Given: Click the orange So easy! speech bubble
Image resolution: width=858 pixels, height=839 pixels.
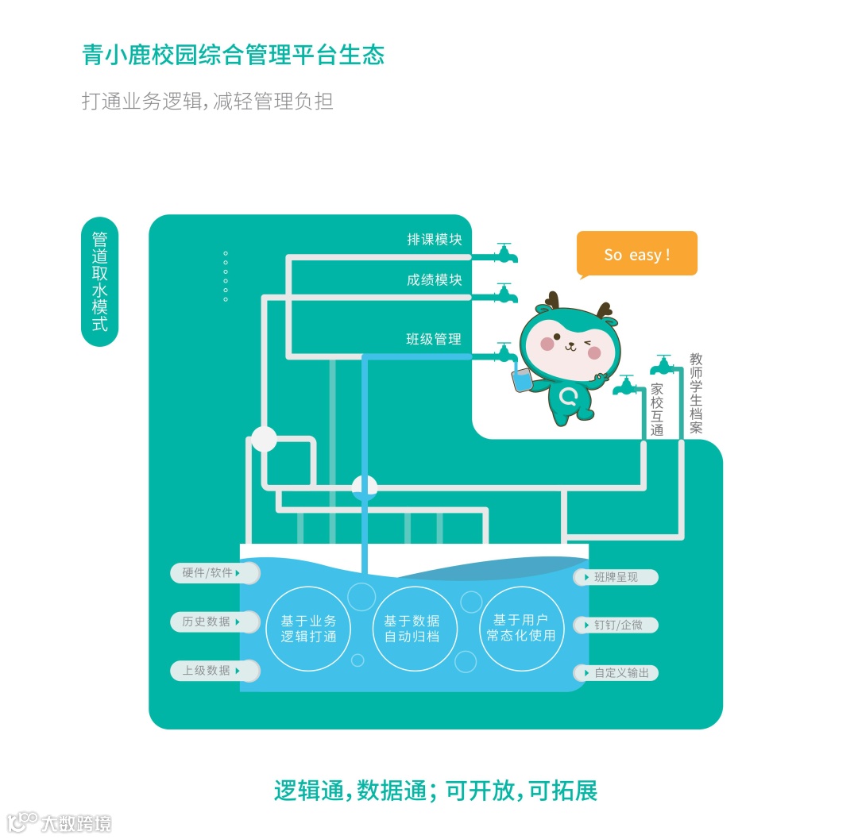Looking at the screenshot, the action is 636,254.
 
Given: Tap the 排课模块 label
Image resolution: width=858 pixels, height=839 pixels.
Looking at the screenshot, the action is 434,239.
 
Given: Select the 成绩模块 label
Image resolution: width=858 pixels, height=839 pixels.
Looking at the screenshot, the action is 434,280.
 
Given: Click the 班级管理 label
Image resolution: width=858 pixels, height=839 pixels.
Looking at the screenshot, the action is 434,339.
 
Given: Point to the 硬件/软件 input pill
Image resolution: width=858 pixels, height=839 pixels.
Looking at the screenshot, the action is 214,572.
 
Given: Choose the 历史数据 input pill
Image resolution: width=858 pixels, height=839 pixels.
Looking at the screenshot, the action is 214,622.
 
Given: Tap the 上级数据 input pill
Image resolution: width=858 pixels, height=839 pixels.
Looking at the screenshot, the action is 214,671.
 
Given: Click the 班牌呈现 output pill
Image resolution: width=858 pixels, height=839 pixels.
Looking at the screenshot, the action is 616,577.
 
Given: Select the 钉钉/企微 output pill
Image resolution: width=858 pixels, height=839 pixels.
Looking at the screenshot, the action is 616,625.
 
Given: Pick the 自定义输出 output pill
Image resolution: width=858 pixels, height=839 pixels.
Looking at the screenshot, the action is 616,673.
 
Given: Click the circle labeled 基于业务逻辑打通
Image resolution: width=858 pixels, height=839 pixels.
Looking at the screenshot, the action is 308,629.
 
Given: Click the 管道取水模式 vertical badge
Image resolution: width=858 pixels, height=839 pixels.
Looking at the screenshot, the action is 100,282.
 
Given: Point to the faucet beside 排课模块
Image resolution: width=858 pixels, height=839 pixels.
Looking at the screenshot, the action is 505,252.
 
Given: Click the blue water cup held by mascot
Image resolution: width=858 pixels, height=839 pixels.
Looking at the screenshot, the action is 522,380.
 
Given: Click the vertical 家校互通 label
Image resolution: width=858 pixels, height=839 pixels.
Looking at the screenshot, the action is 657,410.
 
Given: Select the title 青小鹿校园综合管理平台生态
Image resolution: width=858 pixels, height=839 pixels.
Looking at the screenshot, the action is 234,55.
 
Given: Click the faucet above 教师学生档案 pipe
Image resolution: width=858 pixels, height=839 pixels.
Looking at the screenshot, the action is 663,366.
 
